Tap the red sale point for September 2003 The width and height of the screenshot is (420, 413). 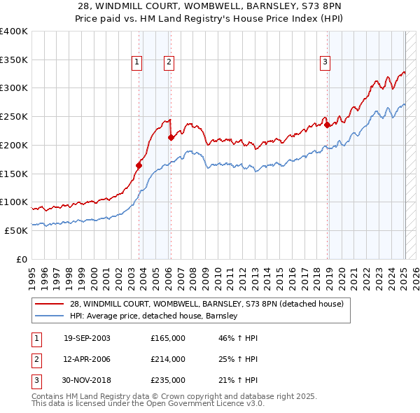click(x=139, y=166)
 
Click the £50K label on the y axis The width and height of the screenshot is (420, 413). click(x=16, y=230)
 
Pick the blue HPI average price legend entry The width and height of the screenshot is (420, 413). click(x=155, y=316)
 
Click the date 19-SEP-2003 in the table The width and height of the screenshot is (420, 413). click(x=87, y=338)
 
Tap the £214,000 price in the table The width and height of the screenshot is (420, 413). click(x=168, y=359)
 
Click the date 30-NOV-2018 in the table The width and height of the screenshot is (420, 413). click(x=87, y=380)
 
